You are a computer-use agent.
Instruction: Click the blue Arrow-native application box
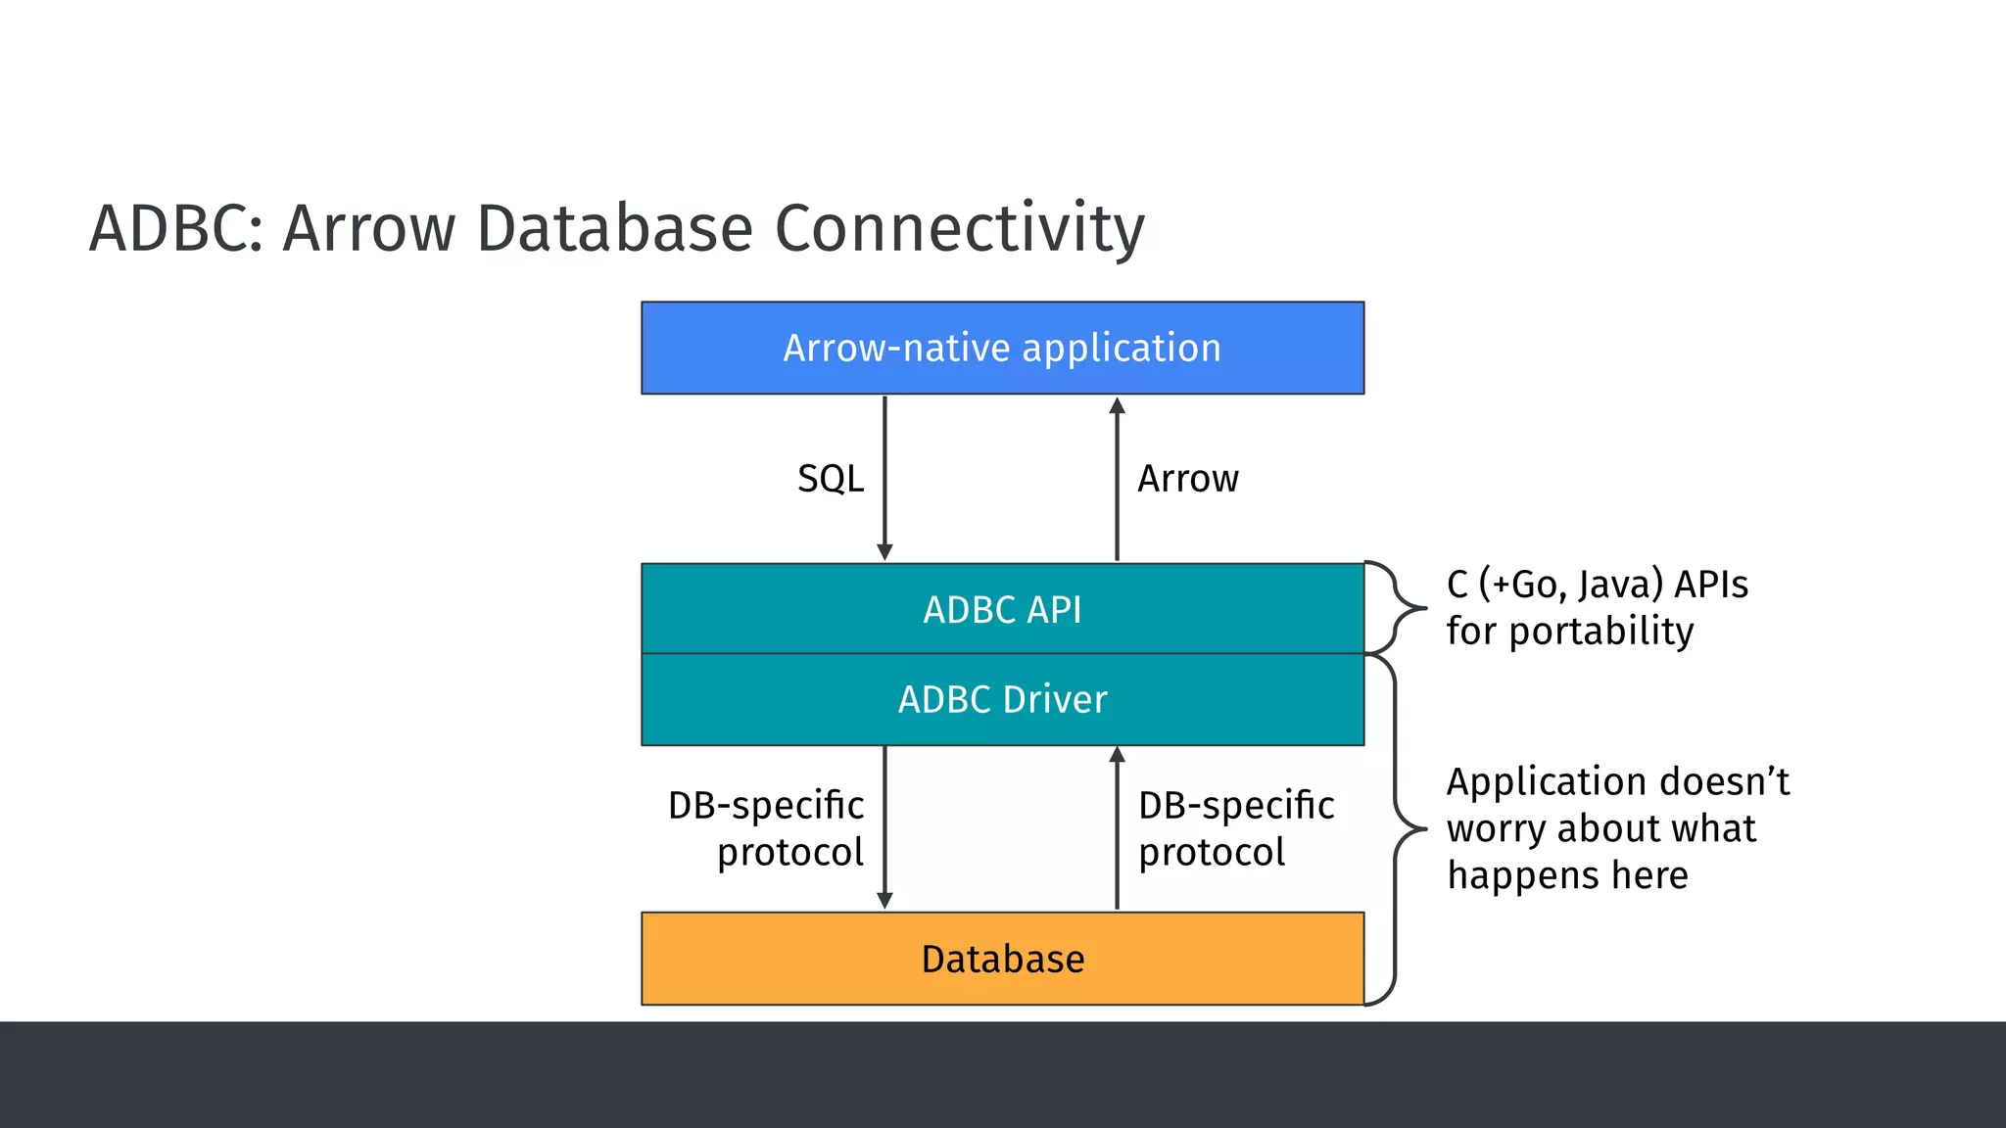(x=1002, y=348)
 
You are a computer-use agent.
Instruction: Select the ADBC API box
(x=1002, y=609)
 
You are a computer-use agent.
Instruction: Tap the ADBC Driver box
(x=1002, y=699)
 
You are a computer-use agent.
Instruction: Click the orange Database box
(x=1002, y=959)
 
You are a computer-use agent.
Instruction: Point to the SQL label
(x=831, y=479)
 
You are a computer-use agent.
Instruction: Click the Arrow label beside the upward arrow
(x=1188, y=479)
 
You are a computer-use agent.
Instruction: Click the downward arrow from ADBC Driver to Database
(x=884, y=827)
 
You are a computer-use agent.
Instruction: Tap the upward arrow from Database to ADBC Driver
(x=1117, y=827)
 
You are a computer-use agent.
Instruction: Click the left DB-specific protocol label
(x=767, y=828)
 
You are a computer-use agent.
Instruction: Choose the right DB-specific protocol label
(x=1236, y=828)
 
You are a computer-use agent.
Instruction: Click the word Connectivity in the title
(x=959, y=228)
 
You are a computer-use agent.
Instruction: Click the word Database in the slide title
(x=614, y=228)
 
